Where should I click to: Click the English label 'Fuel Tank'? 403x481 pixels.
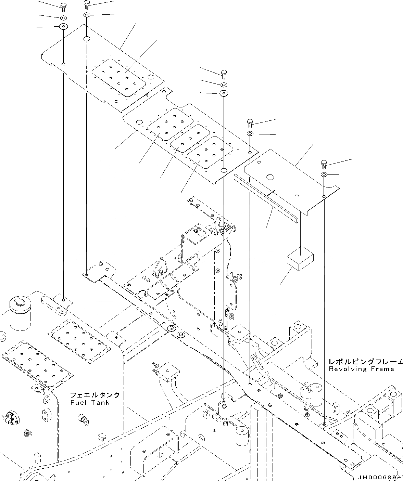[x=90, y=402]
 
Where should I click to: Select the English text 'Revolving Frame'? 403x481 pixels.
[x=361, y=369]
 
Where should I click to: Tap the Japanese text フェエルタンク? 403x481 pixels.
[x=95, y=395]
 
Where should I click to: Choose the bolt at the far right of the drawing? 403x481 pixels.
[x=324, y=164]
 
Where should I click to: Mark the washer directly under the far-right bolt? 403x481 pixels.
[x=324, y=175]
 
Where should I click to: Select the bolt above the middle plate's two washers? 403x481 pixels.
[x=224, y=74]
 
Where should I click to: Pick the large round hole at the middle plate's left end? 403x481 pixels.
[x=139, y=122]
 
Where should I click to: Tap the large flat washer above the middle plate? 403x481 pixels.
[x=224, y=93]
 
